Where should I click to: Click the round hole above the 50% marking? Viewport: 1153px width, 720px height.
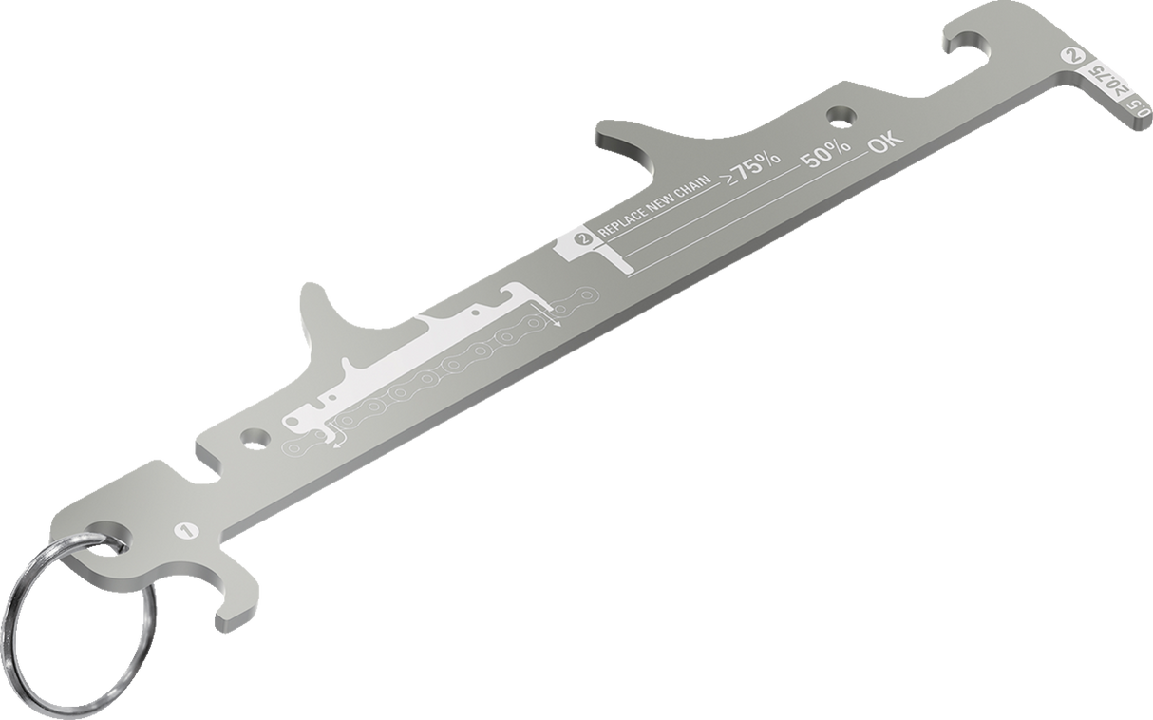pos(839,116)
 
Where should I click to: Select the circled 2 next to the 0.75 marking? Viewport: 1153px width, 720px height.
pos(1073,56)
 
